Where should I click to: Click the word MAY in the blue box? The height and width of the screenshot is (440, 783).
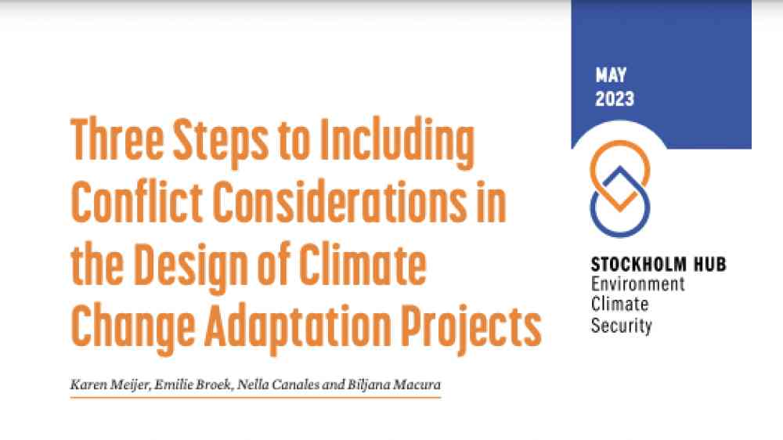coord(611,75)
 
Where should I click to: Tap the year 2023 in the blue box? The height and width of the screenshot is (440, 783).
coord(614,99)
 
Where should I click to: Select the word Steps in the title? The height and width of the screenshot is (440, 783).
coord(220,142)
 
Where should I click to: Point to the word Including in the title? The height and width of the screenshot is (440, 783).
coord(397,143)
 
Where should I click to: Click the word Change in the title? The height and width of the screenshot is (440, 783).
coord(133,327)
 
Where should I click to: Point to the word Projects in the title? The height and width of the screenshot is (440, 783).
coord(471,327)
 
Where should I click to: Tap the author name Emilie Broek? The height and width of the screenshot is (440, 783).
coord(193,384)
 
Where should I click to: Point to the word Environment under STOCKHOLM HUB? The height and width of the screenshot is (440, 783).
coord(637,284)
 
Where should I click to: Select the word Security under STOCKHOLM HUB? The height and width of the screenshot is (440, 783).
coord(621,326)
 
